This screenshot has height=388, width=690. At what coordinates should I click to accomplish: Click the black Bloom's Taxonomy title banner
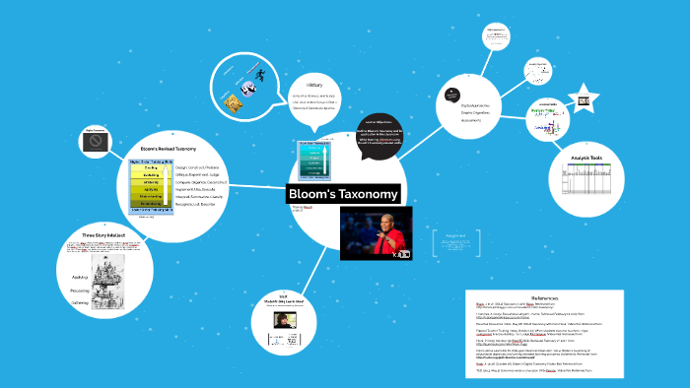click(x=343, y=193)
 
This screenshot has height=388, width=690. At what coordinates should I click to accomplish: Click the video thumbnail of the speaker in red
click(x=375, y=233)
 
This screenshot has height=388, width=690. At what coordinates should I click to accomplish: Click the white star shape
click(x=584, y=100)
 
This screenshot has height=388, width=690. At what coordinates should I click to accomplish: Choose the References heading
click(x=544, y=297)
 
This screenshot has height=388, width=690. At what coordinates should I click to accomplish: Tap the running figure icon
click(x=260, y=77)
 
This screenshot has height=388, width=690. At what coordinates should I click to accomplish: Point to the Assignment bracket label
click(x=455, y=236)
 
